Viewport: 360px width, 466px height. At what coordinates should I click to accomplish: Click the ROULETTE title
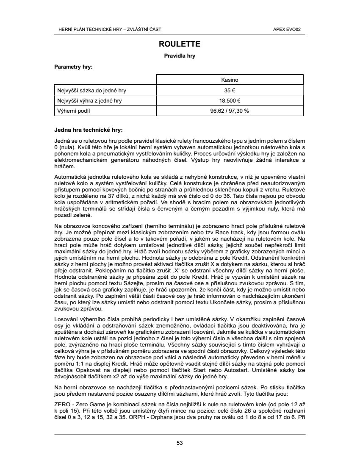pyautogui.click(x=180, y=44)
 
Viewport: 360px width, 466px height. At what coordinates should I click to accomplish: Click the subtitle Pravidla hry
pyautogui.click(x=180, y=55)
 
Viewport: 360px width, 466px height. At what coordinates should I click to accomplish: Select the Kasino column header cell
pyautogui.click(x=230, y=80)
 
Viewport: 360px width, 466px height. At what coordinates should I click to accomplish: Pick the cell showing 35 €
pyautogui.click(x=230, y=90)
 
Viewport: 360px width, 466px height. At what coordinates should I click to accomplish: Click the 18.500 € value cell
pyautogui.click(x=230, y=100)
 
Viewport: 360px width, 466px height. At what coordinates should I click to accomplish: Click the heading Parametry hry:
pyautogui.click(x=74, y=67)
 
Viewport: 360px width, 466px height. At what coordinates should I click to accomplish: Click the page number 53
pyautogui.click(x=180, y=443)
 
